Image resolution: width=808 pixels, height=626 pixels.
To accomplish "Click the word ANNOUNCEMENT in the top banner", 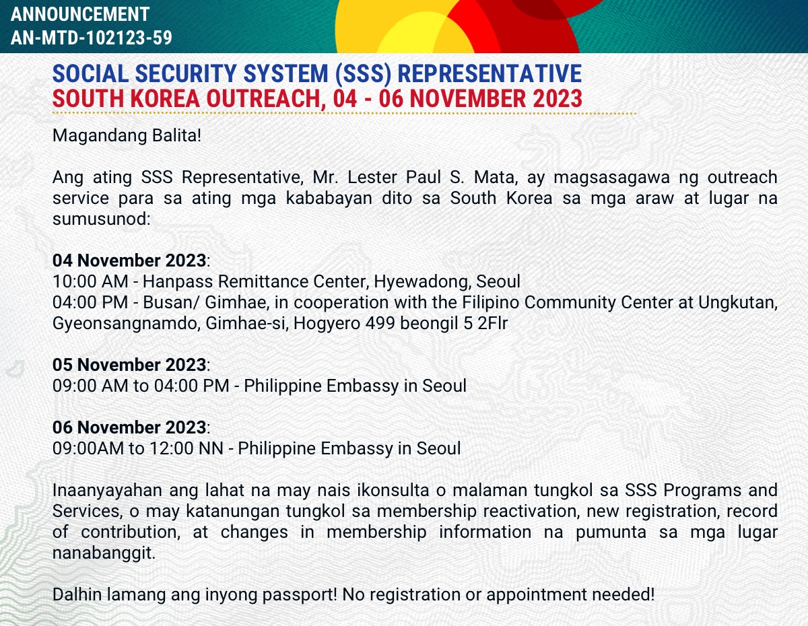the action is [80, 15].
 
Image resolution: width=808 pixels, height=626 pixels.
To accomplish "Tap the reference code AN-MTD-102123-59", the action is [92, 38].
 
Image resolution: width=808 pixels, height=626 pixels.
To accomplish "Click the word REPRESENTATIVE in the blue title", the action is [490, 73].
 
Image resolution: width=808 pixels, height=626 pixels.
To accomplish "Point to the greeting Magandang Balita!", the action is [127, 135].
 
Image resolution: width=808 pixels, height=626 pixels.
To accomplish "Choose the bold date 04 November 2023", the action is [129, 260].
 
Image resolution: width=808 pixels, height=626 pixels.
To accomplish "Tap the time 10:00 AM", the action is [90, 281].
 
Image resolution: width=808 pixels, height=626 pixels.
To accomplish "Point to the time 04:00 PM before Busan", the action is [90, 302].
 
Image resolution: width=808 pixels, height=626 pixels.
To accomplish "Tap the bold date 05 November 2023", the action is [129, 365].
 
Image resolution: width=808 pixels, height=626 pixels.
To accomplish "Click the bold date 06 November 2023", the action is [129, 427].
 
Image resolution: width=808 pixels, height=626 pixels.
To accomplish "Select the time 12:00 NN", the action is [187, 448].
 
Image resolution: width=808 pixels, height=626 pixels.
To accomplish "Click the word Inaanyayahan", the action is [107, 490].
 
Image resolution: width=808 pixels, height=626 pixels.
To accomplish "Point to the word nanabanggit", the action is [104, 553].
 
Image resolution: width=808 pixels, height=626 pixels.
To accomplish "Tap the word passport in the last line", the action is [300, 595].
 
